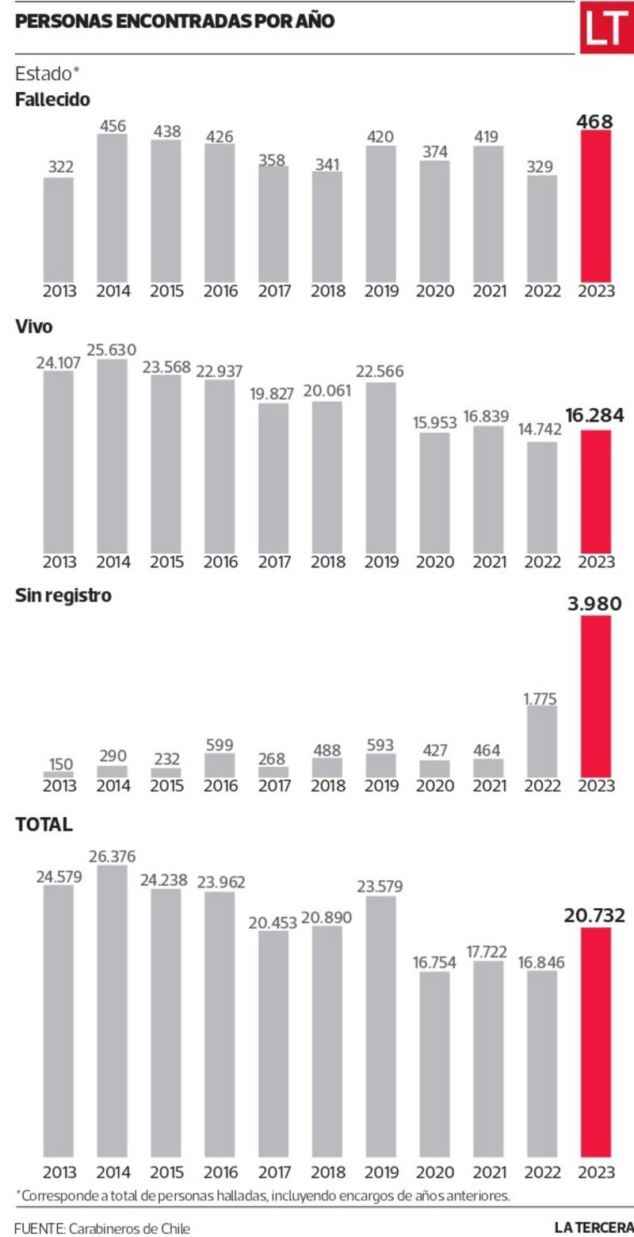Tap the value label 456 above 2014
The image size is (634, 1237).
tap(113, 126)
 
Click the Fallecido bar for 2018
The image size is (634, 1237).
tap(327, 226)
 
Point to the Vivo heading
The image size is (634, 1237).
tap(33, 326)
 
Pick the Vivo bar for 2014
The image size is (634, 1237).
tap(113, 456)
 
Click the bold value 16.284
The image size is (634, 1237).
tap(596, 415)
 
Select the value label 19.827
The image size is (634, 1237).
tap(273, 394)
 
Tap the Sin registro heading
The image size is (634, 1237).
tap(63, 596)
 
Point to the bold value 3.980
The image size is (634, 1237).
tap(596, 604)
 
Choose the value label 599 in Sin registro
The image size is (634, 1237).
tap(220, 745)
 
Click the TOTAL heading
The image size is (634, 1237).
tap(44, 825)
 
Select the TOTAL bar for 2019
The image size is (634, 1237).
tap(381, 1026)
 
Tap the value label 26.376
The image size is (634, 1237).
tap(113, 857)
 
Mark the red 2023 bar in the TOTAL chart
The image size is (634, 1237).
tap(597, 1042)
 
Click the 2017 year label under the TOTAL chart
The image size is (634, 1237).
tap(273, 1171)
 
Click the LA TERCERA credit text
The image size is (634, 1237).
tap(594, 1227)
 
